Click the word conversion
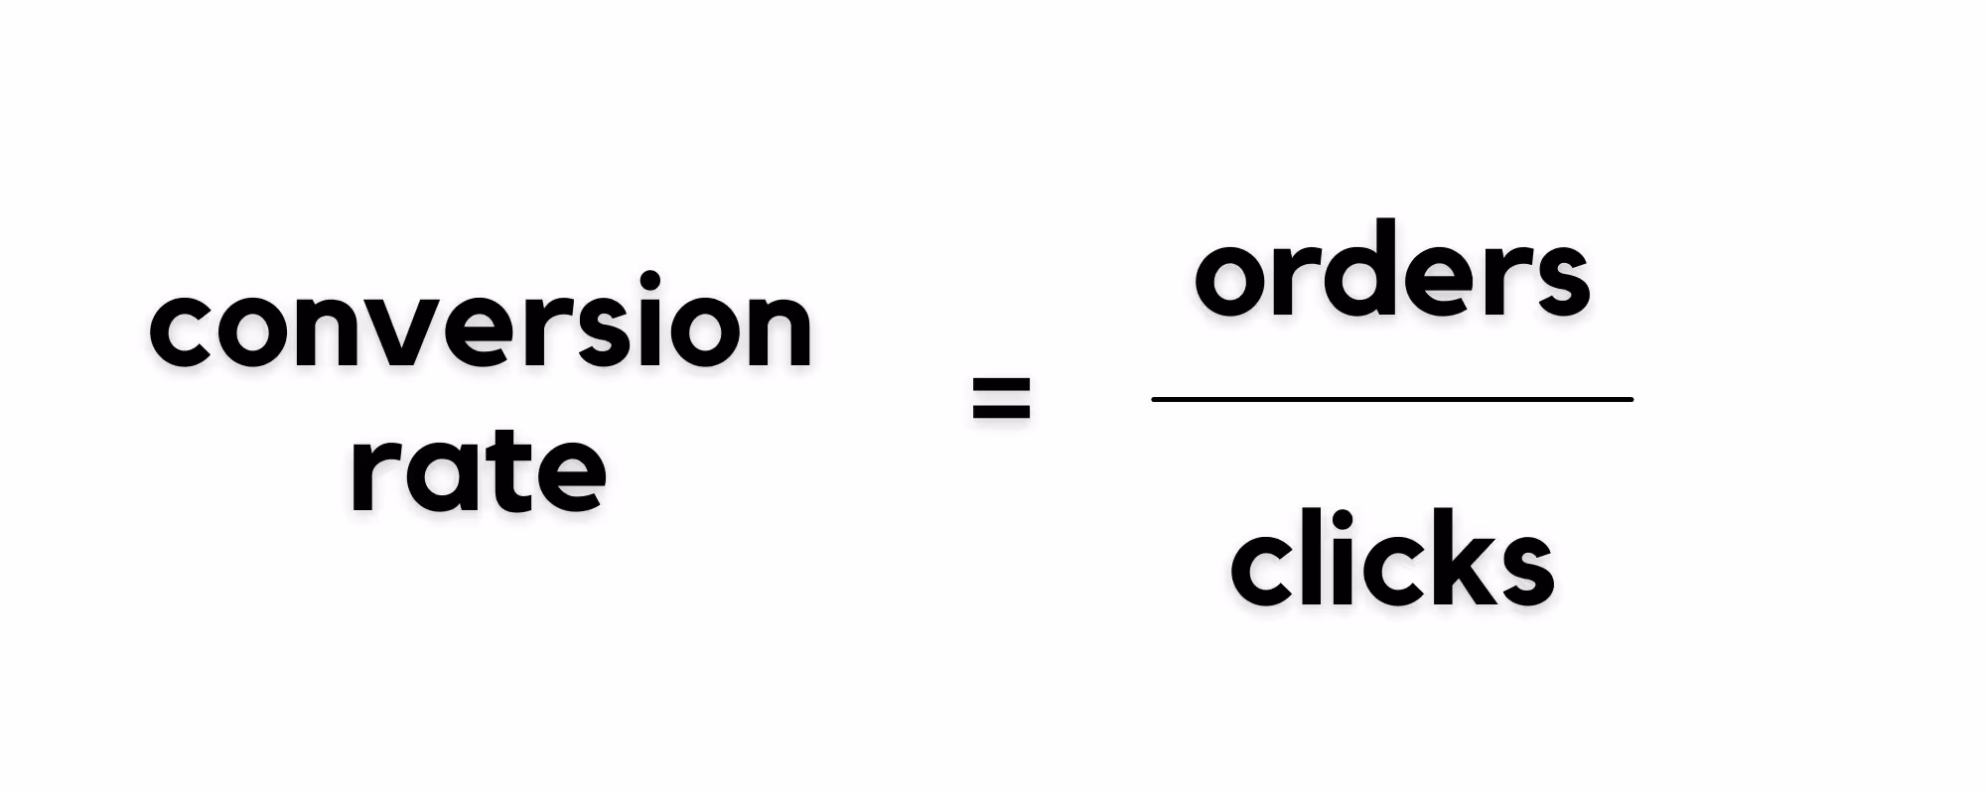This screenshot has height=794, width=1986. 482,323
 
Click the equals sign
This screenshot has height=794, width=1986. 1001,399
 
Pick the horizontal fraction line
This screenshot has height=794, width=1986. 1391,399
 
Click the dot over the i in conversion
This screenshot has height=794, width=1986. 650,280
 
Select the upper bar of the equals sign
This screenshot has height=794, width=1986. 1001,384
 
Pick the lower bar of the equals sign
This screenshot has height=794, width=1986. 1001,414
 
